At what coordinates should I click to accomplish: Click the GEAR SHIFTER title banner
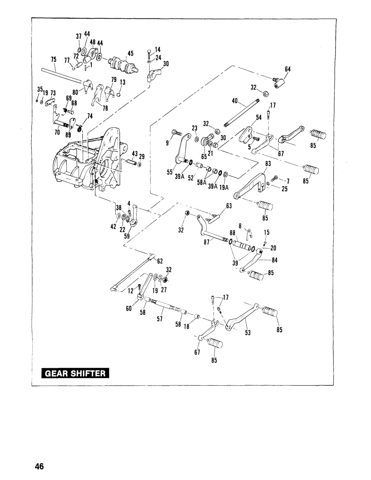75,373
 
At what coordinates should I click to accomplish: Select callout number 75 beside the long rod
53,60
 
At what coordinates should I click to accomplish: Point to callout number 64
288,69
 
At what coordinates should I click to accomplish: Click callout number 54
259,118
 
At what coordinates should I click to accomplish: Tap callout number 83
268,164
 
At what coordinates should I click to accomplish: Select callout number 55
169,172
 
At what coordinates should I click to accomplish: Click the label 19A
224,188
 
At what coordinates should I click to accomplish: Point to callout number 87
207,242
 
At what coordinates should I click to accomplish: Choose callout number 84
275,260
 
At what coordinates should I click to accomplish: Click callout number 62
160,261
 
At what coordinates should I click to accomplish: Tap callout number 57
160,319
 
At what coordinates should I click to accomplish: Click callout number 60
129,308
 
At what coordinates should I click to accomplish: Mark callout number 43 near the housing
135,154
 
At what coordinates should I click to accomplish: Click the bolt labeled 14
149,54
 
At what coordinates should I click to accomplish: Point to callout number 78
105,108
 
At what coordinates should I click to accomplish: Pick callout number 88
232,233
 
